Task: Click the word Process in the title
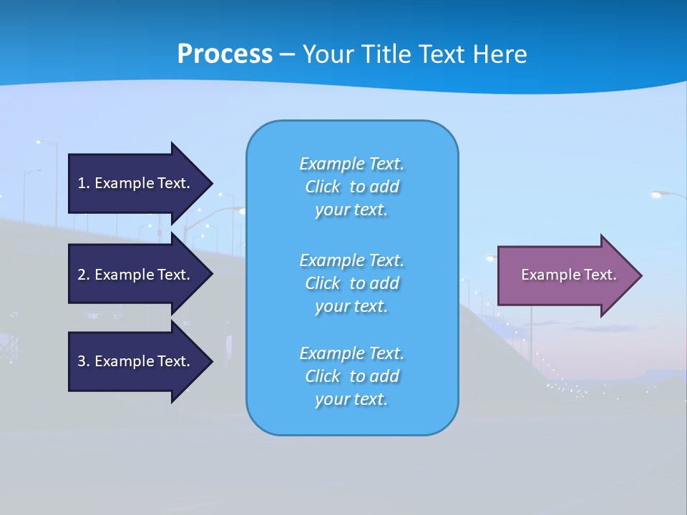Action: coord(225,54)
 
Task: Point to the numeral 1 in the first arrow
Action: coord(82,183)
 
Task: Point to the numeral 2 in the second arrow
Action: coord(82,275)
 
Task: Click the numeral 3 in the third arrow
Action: coord(82,361)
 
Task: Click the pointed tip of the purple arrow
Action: coord(640,275)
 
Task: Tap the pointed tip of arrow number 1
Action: coord(211,183)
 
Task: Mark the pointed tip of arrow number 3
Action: coord(211,361)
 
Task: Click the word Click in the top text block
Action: coord(323,187)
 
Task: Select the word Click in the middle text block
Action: coord(323,284)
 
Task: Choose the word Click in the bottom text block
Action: coord(323,376)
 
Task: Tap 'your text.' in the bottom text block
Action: coord(351,400)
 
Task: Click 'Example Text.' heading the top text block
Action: coord(351,164)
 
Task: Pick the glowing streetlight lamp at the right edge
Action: coord(658,194)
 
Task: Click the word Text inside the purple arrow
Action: coord(600,275)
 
